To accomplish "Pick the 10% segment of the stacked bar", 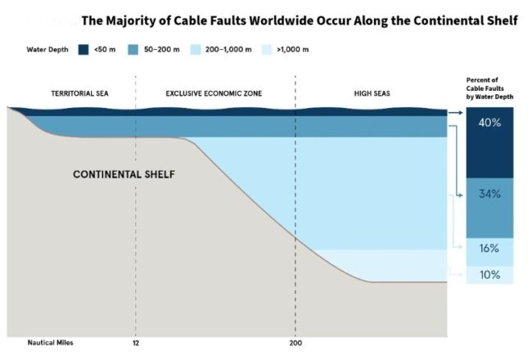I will click(489, 275).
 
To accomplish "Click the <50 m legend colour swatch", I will click(82, 50).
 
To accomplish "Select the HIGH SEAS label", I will click(372, 93).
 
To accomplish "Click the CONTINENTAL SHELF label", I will click(124, 175).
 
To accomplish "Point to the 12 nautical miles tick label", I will click(135, 342).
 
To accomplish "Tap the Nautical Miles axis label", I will click(45, 342).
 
